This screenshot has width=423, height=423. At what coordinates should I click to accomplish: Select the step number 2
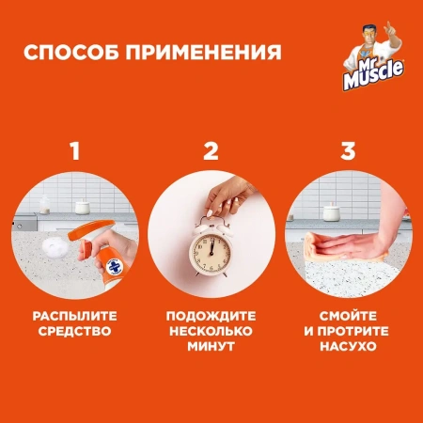(x=211, y=149)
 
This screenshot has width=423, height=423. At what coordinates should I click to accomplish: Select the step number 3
(x=348, y=149)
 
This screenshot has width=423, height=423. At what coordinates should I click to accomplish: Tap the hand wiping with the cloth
(x=348, y=249)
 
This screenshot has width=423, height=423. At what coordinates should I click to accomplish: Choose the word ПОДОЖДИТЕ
(x=211, y=316)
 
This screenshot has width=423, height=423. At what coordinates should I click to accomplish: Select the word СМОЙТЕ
(x=348, y=316)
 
